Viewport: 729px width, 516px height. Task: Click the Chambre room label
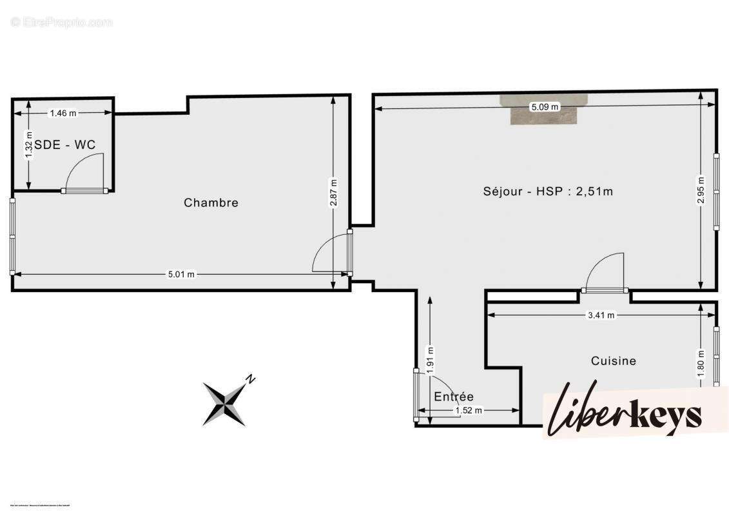[211, 203]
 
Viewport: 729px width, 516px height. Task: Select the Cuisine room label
[613, 361]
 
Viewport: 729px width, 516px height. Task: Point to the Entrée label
[453, 397]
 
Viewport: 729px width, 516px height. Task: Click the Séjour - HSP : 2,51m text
[548, 191]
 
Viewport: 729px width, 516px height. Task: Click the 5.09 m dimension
[545, 107]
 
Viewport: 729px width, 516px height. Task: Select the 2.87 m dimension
[333, 192]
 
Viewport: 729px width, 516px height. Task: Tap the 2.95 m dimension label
[701, 192]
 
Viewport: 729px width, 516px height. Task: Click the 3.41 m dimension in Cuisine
[602, 315]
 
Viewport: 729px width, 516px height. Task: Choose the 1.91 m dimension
[430, 359]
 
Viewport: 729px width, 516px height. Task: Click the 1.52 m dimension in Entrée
[469, 410]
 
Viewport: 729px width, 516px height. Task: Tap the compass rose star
[224, 404]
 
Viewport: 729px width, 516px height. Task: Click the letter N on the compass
[251, 379]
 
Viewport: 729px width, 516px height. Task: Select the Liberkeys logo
[625, 411]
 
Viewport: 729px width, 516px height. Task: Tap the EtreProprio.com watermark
[61, 22]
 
